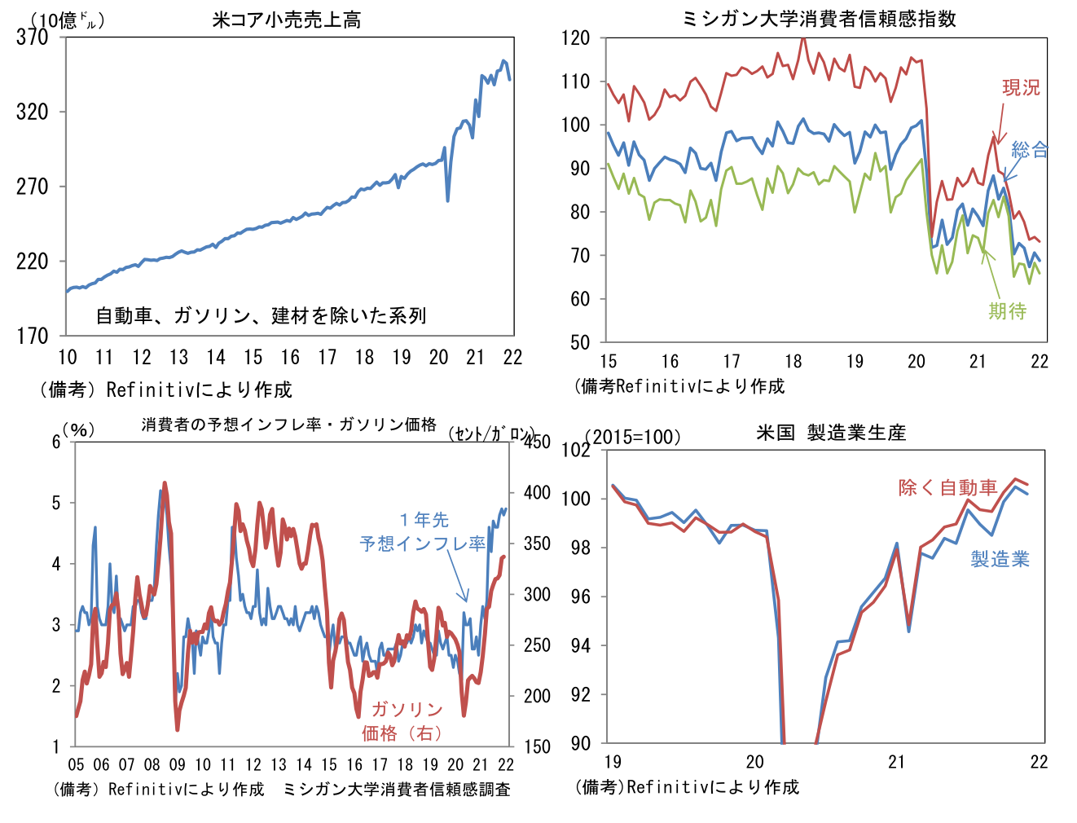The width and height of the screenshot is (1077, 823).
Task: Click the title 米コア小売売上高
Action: pos(286,20)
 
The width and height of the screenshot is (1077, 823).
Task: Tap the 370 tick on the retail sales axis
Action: pos(33,37)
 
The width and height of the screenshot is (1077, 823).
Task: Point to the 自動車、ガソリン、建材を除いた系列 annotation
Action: pos(261,315)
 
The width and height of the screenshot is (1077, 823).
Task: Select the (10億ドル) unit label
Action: pos(67,20)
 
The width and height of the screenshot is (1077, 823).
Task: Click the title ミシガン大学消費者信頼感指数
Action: pos(819,19)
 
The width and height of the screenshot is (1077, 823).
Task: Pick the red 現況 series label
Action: pos(1021,87)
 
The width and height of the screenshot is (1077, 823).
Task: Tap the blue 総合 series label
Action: pos(1030,150)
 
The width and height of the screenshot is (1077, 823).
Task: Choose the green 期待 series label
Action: pos(1008,310)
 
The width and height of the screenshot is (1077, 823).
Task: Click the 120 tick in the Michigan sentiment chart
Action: pos(576,37)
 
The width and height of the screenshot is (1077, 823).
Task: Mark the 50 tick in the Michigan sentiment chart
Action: pos(579,342)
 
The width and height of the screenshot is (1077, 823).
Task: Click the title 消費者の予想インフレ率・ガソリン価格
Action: pos(289,425)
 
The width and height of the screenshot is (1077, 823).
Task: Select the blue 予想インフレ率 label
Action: pos(423,543)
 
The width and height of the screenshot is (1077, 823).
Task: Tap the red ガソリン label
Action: pos(407,709)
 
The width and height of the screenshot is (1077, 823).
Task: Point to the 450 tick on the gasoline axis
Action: pos(538,442)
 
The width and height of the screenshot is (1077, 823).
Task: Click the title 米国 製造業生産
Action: pos(831,433)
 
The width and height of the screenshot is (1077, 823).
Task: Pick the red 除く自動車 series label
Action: pos(948,487)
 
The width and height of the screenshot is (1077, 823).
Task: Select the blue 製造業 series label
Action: pos(1000,559)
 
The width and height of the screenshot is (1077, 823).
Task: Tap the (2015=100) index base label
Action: pos(633,437)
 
